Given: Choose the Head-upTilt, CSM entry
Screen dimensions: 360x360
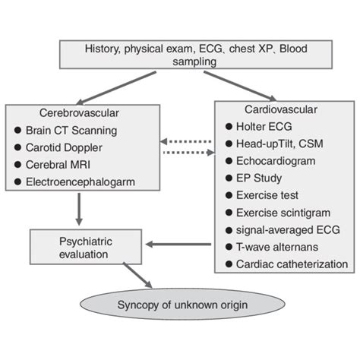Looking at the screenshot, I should pos(282,144).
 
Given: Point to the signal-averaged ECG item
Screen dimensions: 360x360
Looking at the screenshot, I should pos(284,230).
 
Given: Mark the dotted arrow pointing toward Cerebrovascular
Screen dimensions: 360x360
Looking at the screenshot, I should pos(186,142).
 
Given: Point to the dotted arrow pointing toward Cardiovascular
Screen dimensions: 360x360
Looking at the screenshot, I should pos(186,153).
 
